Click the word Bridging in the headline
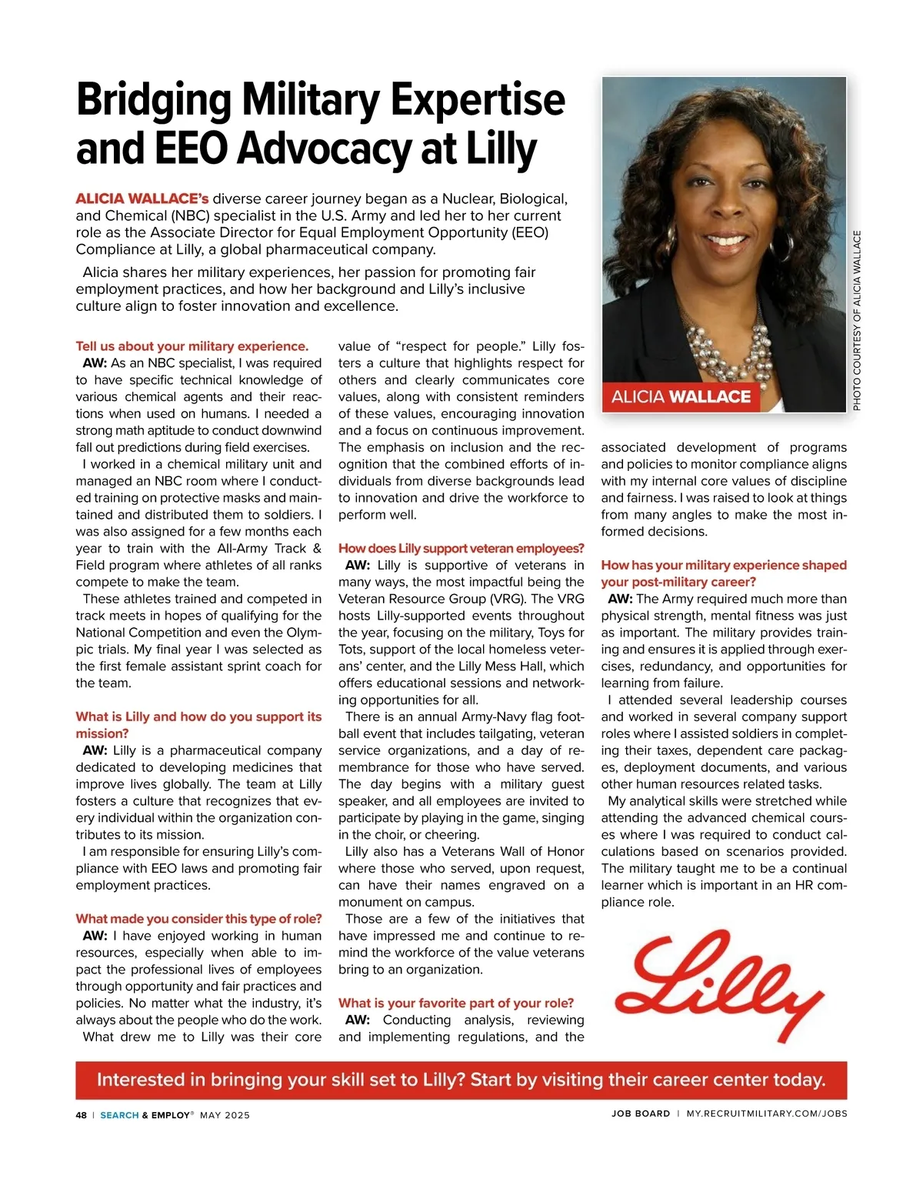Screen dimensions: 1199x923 tap(154, 100)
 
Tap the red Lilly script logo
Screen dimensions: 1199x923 tap(719, 985)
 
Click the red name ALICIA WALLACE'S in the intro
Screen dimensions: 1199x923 tap(142, 199)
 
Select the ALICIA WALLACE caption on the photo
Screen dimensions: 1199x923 tap(681, 396)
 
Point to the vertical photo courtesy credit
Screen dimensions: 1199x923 tap(857, 320)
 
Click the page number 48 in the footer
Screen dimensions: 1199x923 tap(81, 1114)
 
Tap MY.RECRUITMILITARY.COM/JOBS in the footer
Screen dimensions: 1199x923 tap(766, 1114)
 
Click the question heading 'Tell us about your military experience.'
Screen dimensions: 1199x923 tap(192, 346)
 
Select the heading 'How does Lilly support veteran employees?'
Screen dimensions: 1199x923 tap(461, 549)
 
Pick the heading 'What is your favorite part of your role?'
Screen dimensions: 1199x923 tap(456, 1003)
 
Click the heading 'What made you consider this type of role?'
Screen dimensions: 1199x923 tap(198, 919)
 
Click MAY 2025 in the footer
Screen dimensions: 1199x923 tap(225, 1114)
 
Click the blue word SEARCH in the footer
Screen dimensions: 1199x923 tap(119, 1114)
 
